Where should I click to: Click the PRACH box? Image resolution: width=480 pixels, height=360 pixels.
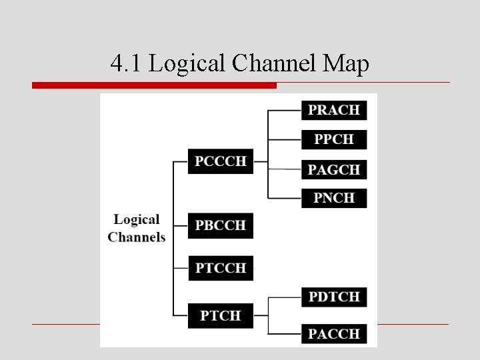coord(334,110)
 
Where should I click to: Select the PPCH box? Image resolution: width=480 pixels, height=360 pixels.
coord(334,139)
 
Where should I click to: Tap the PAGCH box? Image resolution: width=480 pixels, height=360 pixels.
coord(334,169)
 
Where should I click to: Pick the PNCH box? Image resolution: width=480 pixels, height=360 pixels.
coord(334,198)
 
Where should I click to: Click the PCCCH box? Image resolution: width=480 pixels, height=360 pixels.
coord(221,161)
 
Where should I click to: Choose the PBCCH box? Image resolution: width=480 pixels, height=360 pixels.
coord(221,225)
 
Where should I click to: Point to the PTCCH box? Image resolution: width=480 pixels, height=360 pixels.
coord(221,268)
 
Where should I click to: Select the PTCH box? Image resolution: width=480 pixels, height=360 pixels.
coord(221,315)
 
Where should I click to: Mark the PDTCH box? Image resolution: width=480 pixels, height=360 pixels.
coord(334,297)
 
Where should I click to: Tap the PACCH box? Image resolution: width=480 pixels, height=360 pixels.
coord(334,333)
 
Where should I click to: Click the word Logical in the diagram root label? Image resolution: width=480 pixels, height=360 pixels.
coord(137,219)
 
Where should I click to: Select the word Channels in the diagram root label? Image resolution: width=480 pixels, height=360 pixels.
coord(137,237)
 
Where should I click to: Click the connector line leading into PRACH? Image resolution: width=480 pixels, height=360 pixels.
coord(284,110)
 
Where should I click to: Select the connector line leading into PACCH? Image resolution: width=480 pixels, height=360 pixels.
coord(284,333)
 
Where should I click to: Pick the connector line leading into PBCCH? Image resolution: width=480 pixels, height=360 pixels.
coord(180,225)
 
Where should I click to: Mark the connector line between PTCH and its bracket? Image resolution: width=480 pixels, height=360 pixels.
coord(261,315)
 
